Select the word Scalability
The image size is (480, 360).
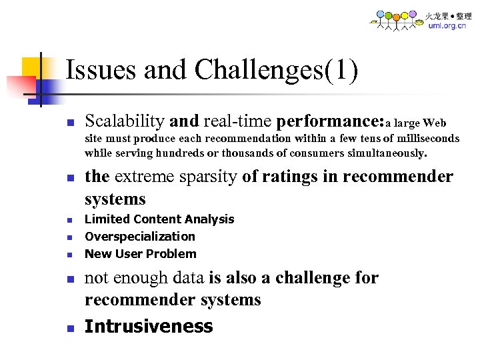pos(125,121)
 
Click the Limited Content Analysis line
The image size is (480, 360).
pos(159,219)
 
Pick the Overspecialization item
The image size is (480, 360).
pos(140,237)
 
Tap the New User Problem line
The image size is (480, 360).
pos(141,254)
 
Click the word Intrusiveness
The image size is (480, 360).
pos(149,327)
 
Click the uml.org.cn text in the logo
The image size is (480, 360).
pos(447,25)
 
